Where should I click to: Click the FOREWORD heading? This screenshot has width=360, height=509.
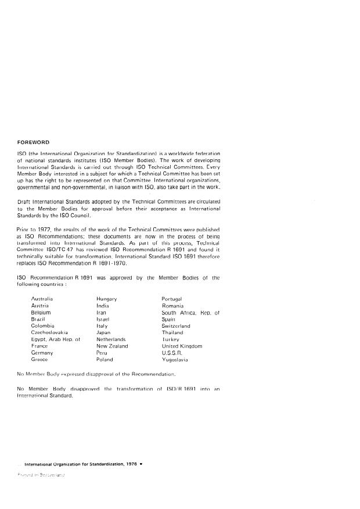pyautogui.click(x=33, y=142)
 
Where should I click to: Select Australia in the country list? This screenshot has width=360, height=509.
pyautogui.click(x=42, y=298)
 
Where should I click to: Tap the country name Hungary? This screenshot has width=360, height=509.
pyautogui.click(x=107, y=298)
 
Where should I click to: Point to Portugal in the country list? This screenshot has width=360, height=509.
pyautogui.click(x=172, y=298)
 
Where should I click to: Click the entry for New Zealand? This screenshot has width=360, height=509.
pyautogui.click(x=112, y=346)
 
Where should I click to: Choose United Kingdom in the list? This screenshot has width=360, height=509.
pyautogui.click(x=182, y=346)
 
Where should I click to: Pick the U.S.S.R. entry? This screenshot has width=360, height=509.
pyautogui.click(x=172, y=353)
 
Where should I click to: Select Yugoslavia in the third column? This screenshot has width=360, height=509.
pyautogui.click(x=175, y=360)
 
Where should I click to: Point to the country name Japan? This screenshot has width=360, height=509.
pyautogui.click(x=103, y=332)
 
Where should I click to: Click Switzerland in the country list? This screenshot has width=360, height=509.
pyautogui.click(x=176, y=326)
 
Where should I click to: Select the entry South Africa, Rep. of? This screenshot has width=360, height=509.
pyautogui.click(x=190, y=312)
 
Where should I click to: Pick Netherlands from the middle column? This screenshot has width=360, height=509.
pyautogui.click(x=111, y=339)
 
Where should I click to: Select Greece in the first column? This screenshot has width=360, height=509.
pyautogui.click(x=39, y=360)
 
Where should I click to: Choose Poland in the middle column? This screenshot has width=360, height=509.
pyautogui.click(x=105, y=360)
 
